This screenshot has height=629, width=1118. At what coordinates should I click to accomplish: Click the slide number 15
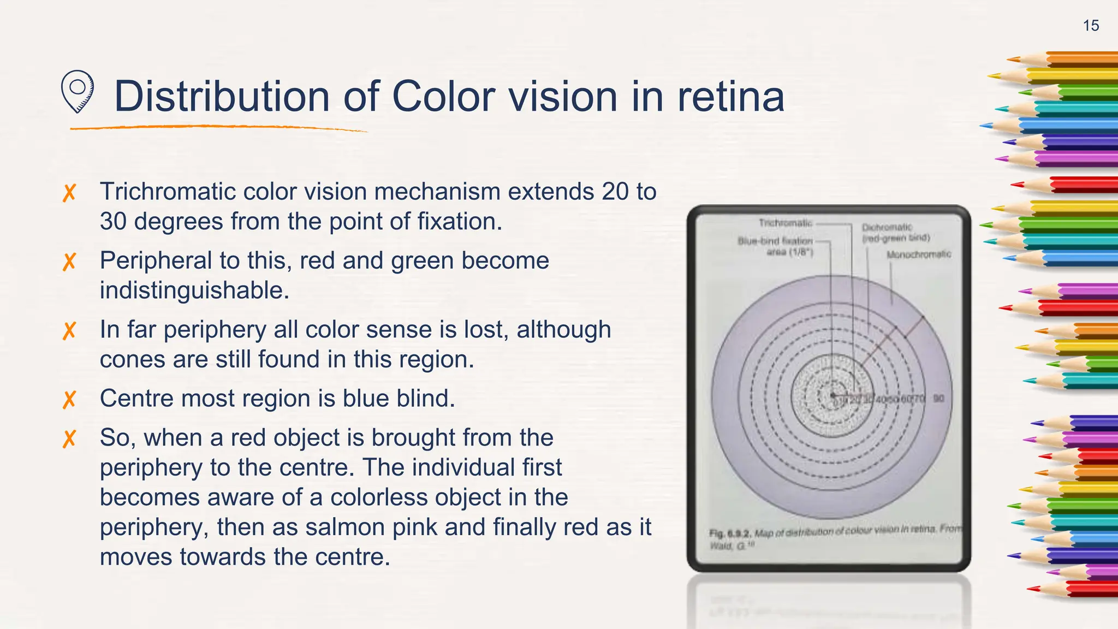(1091, 26)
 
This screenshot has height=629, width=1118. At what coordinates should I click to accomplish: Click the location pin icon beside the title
(77, 92)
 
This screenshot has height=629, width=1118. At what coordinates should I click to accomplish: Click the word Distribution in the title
(221, 97)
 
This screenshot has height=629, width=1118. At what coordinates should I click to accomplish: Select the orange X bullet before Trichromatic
(69, 193)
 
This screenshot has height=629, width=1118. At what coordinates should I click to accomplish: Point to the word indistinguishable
(194, 290)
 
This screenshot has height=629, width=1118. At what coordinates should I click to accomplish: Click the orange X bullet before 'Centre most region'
(69, 400)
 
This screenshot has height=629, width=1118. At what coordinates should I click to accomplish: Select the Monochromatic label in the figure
(918, 254)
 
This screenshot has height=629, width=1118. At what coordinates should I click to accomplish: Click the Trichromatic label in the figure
(785, 223)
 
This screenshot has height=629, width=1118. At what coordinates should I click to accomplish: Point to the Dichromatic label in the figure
(887, 227)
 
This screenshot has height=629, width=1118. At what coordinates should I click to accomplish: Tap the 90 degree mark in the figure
(938, 399)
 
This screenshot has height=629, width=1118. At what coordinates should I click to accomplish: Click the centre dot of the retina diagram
(832, 395)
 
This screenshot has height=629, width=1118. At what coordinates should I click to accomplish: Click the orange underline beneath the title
(218, 128)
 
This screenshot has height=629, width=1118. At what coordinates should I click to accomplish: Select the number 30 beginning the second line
(113, 222)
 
